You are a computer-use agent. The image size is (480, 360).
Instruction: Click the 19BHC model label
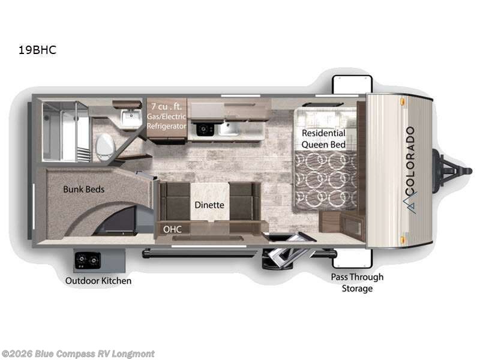coord(37,50)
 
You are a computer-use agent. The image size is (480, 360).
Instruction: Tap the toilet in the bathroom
coord(105,145)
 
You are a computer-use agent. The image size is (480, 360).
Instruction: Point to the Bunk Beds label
coord(84,189)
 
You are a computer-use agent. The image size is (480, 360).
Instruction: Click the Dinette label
coord(209,205)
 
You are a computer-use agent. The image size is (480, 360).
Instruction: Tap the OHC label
coord(172,229)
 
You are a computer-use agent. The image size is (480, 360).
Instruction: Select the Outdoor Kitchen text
coord(98,280)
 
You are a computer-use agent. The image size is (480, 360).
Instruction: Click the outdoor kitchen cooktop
coord(87,260)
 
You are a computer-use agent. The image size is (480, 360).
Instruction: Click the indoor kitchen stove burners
coord(206,128)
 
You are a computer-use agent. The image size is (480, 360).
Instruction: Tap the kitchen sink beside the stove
coord(229,128)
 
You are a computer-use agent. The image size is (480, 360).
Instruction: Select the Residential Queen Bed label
coord(323,138)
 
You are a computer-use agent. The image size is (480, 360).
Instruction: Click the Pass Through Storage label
coord(357,283)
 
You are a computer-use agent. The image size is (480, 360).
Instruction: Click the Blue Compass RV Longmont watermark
coord(78,353)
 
